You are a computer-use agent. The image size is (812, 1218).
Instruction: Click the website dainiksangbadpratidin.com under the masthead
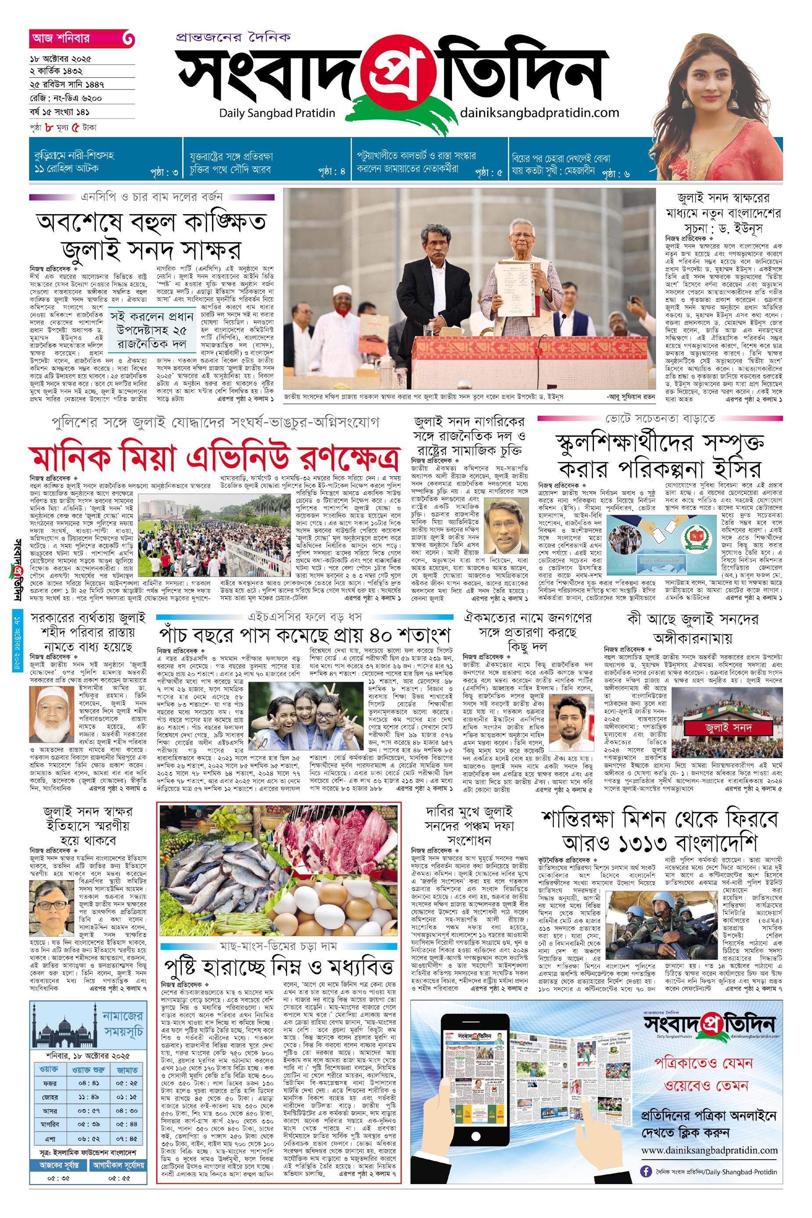click(539, 112)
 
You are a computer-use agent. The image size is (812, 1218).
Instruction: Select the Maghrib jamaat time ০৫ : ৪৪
click(126, 1124)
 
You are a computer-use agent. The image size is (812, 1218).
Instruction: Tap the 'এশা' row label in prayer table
click(50, 1138)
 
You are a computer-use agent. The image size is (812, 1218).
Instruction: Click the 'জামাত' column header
click(127, 1069)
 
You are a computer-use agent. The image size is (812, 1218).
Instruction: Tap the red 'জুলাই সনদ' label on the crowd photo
click(728, 728)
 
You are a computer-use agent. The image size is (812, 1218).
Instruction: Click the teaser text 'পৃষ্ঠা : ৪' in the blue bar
click(331, 172)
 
